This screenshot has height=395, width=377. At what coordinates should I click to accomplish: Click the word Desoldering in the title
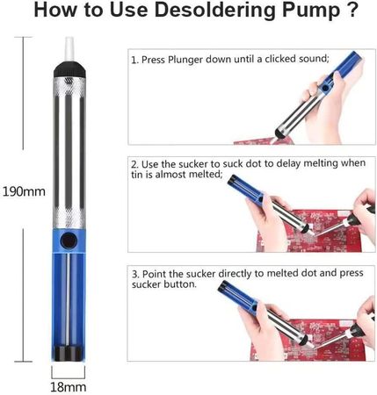click(x=214, y=10)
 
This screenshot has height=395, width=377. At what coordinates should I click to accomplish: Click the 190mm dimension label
click(x=24, y=191)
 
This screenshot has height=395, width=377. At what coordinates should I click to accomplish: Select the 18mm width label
click(x=69, y=387)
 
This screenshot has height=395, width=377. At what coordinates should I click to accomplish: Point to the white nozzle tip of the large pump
click(x=69, y=49)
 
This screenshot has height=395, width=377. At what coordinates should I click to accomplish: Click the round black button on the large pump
click(x=69, y=241)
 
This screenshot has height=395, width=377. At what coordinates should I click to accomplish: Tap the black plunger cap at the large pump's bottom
click(x=69, y=354)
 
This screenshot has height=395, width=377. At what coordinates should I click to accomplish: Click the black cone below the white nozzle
click(x=69, y=69)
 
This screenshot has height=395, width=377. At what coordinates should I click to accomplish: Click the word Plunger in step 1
click(x=185, y=60)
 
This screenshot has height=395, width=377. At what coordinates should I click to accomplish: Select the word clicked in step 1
click(x=280, y=59)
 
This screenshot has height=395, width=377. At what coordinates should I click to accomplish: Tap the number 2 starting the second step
click(x=134, y=164)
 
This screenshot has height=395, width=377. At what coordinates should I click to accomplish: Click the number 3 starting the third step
click(x=134, y=275)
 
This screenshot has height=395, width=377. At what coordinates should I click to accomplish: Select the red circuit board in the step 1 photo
click(x=264, y=140)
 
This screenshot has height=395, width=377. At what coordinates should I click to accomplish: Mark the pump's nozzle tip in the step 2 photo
click(x=310, y=233)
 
